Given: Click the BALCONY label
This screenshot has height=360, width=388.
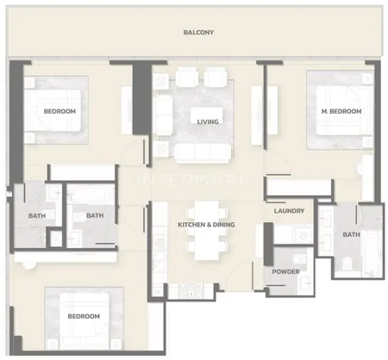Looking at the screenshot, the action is [x=198, y=32].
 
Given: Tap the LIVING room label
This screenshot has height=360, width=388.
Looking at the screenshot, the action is [x=208, y=121].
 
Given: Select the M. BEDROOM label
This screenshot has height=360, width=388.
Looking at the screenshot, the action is [x=341, y=111].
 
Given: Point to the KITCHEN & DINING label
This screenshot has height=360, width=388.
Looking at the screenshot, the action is [x=206, y=225].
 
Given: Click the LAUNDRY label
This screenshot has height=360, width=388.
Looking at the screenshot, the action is [x=289, y=211].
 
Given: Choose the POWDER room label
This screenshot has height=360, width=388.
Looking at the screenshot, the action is [x=285, y=271].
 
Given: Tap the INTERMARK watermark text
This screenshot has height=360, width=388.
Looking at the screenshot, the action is [x=192, y=180].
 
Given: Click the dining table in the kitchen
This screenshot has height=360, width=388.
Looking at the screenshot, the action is [x=207, y=231].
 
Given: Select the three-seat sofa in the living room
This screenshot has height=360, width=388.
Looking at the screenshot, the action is [x=203, y=152].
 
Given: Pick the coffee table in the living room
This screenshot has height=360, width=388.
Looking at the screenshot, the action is [x=207, y=115].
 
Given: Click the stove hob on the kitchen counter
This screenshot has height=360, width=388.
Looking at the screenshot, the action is [x=191, y=290].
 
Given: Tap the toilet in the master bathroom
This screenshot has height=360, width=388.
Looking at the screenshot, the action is [x=347, y=264].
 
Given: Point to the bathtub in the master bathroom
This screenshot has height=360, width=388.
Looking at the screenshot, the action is [x=371, y=253].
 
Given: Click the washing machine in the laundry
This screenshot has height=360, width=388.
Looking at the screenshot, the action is [x=303, y=235].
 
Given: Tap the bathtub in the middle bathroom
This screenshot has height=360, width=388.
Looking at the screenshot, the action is [x=91, y=195].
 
